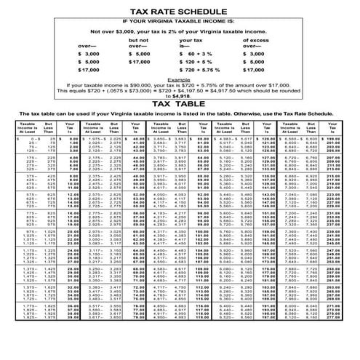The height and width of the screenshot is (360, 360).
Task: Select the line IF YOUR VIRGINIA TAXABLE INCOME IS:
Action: [x=180, y=22]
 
